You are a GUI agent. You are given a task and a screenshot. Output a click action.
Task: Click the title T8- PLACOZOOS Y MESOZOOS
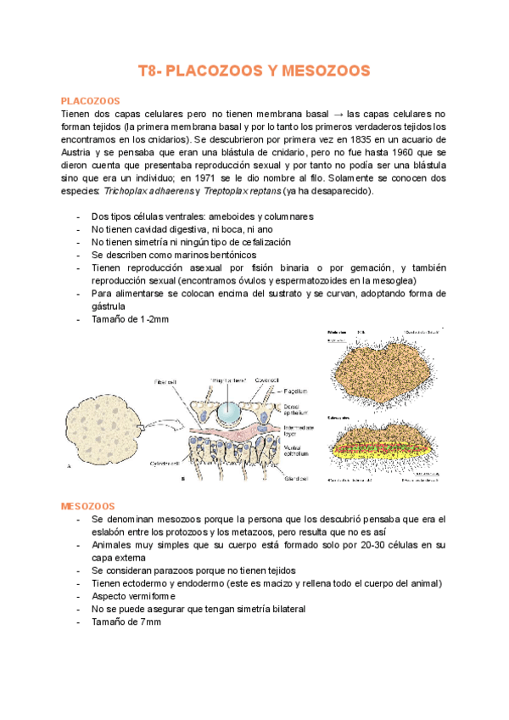[x=254, y=71]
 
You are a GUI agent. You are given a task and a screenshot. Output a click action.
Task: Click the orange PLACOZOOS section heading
[x=90, y=100]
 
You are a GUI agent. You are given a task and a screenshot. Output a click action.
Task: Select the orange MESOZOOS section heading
[x=87, y=505]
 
